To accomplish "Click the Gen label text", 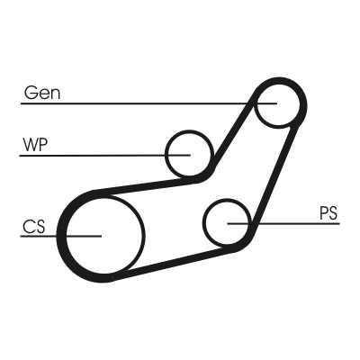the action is (42, 93).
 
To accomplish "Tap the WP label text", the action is (35, 145).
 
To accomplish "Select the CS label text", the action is (34, 227).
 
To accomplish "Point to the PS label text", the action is (328, 213).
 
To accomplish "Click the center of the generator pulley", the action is (278, 103).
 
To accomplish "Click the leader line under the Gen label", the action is (148, 103).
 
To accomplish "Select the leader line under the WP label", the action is (104, 156).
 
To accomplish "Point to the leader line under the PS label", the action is (283, 223).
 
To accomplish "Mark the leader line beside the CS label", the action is (61, 236).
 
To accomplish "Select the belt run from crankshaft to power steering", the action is (174, 264).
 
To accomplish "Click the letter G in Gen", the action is (30, 93).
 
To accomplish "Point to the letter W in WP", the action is (31, 145).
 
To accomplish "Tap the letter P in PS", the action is (323, 213).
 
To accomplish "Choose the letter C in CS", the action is (28, 227).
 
